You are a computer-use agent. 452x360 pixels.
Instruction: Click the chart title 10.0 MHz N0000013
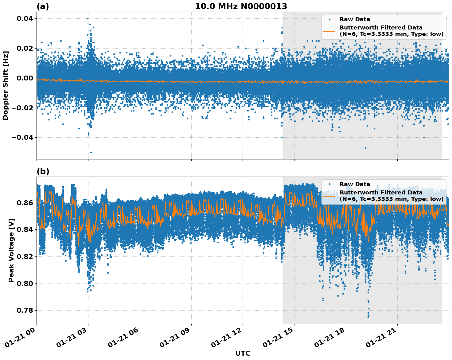(241, 6)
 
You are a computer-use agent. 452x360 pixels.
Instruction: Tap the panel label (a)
(43, 6)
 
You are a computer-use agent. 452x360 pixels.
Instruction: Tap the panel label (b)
(43, 171)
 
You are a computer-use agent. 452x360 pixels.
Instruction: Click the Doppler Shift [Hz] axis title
(6, 85)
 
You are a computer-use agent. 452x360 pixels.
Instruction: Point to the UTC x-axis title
(243, 354)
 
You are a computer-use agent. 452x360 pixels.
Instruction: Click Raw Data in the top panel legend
(355, 19)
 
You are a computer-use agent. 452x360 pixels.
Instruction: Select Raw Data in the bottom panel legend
(355, 184)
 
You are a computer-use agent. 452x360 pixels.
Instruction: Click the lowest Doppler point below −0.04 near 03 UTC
(91, 152)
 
